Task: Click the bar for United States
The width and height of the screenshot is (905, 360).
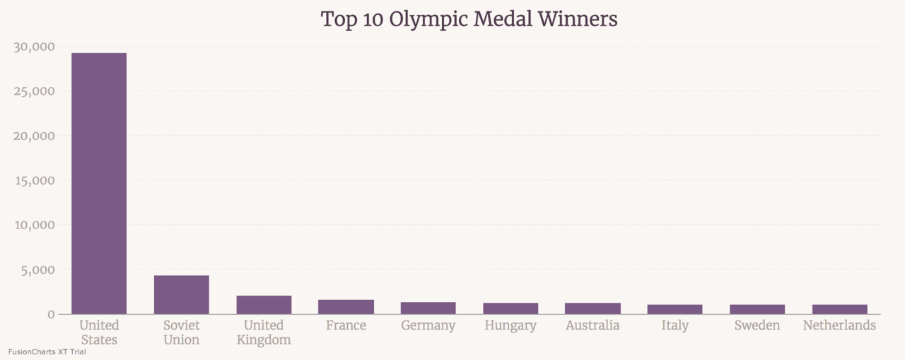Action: [x=99, y=184]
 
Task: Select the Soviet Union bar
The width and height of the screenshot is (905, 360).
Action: [x=182, y=295]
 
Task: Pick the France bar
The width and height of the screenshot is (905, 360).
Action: [x=346, y=307]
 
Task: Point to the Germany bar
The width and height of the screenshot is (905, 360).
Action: [x=428, y=308]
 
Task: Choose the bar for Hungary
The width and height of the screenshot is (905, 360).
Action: [x=510, y=308]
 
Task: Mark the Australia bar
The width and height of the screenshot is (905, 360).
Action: [x=592, y=308]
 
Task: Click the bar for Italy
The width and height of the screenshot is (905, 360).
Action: [x=675, y=309]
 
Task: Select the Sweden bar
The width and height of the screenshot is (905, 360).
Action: [x=757, y=309]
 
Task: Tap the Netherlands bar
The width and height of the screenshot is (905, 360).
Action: [x=839, y=309]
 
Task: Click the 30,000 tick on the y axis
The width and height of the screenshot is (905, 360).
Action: [x=34, y=47]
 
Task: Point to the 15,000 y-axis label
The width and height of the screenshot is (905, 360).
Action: [x=34, y=180]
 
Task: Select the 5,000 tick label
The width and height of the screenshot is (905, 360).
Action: [x=38, y=269]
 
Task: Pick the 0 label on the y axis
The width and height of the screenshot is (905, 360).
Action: [x=51, y=314]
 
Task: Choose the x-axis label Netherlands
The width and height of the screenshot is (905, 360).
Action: [x=839, y=325]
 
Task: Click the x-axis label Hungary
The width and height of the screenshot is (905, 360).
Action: [x=510, y=325]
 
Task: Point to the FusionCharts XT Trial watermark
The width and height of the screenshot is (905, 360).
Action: [x=47, y=352]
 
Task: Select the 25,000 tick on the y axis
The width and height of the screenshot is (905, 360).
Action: [x=34, y=91]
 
